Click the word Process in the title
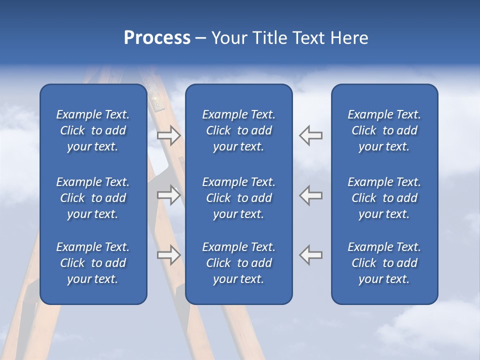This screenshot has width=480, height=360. (157, 38)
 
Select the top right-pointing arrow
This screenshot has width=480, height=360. (168, 135)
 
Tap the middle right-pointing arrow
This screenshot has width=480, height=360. (168, 195)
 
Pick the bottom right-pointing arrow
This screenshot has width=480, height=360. (168, 255)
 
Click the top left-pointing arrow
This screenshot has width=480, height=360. (310, 135)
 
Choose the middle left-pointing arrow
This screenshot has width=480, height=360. (310, 195)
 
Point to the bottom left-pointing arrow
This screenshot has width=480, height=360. (310, 255)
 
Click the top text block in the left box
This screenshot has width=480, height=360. (93, 130)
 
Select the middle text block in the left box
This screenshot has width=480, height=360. (93, 198)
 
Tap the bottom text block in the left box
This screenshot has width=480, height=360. (93, 263)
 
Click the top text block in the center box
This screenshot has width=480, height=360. (238, 130)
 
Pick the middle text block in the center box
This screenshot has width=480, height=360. (238, 198)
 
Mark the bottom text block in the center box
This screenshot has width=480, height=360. (238, 263)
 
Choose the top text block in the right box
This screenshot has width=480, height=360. (384, 130)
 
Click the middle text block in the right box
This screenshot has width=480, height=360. (384, 198)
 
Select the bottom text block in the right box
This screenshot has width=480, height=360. (384, 263)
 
